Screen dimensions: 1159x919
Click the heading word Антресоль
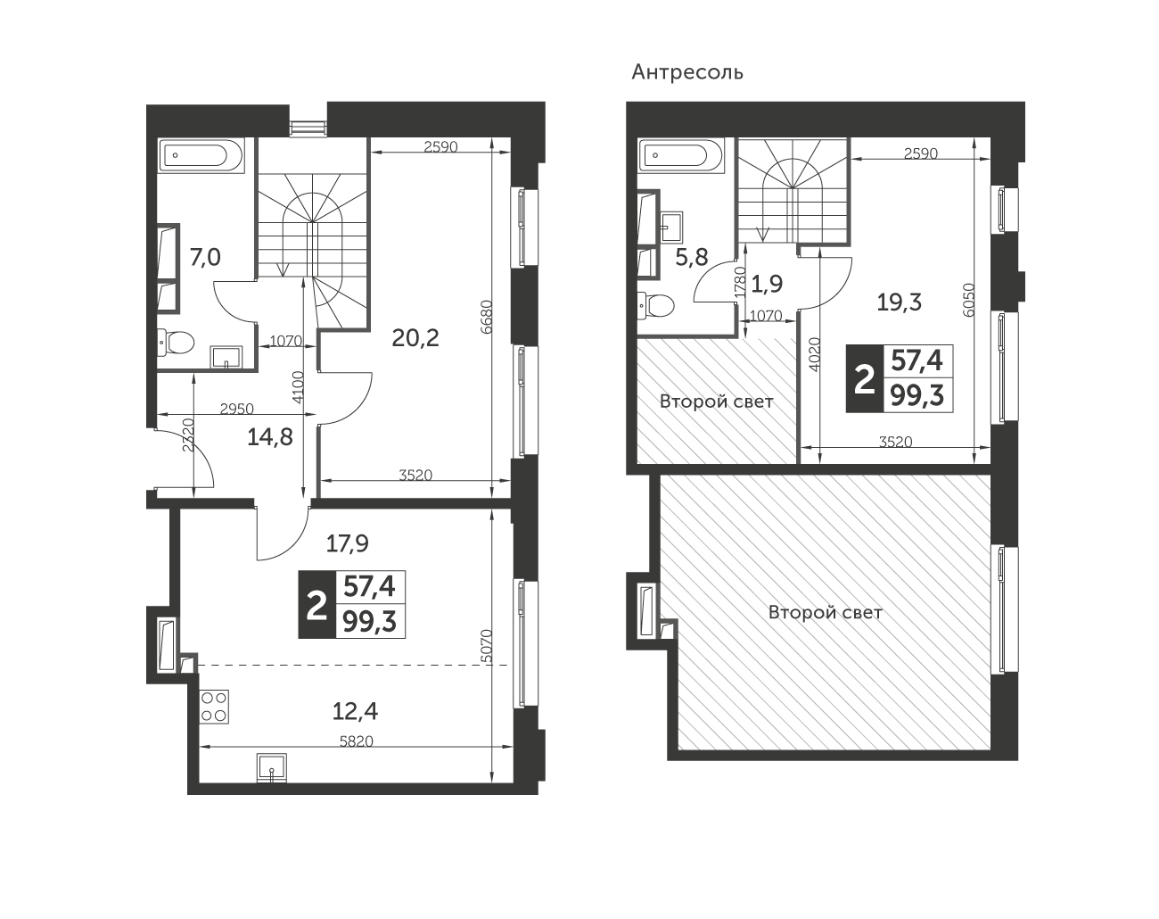[x=687, y=71]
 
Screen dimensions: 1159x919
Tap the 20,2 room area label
[x=415, y=338]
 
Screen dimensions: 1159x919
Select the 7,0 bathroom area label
[x=205, y=258]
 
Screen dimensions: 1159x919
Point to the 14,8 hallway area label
[x=270, y=437]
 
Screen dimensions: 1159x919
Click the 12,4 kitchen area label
[x=355, y=711]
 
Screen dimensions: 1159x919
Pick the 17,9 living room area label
[x=348, y=544]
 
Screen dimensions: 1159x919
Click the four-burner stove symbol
[x=214, y=707]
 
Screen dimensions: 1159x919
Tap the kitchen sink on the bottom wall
[x=272, y=767]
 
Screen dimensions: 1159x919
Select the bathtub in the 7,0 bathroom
[x=200, y=154]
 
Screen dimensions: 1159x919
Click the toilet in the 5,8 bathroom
[x=656, y=306]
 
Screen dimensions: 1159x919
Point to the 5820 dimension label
[x=357, y=741]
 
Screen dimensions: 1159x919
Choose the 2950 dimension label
[x=237, y=410]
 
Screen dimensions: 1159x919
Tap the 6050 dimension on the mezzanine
[x=969, y=300]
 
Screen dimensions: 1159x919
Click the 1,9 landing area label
[x=767, y=284]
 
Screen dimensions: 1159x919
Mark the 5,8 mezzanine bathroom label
[x=692, y=258]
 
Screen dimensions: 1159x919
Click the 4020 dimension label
[x=814, y=354]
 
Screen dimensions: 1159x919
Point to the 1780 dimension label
[x=741, y=281]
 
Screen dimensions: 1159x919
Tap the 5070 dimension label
[x=486, y=646]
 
